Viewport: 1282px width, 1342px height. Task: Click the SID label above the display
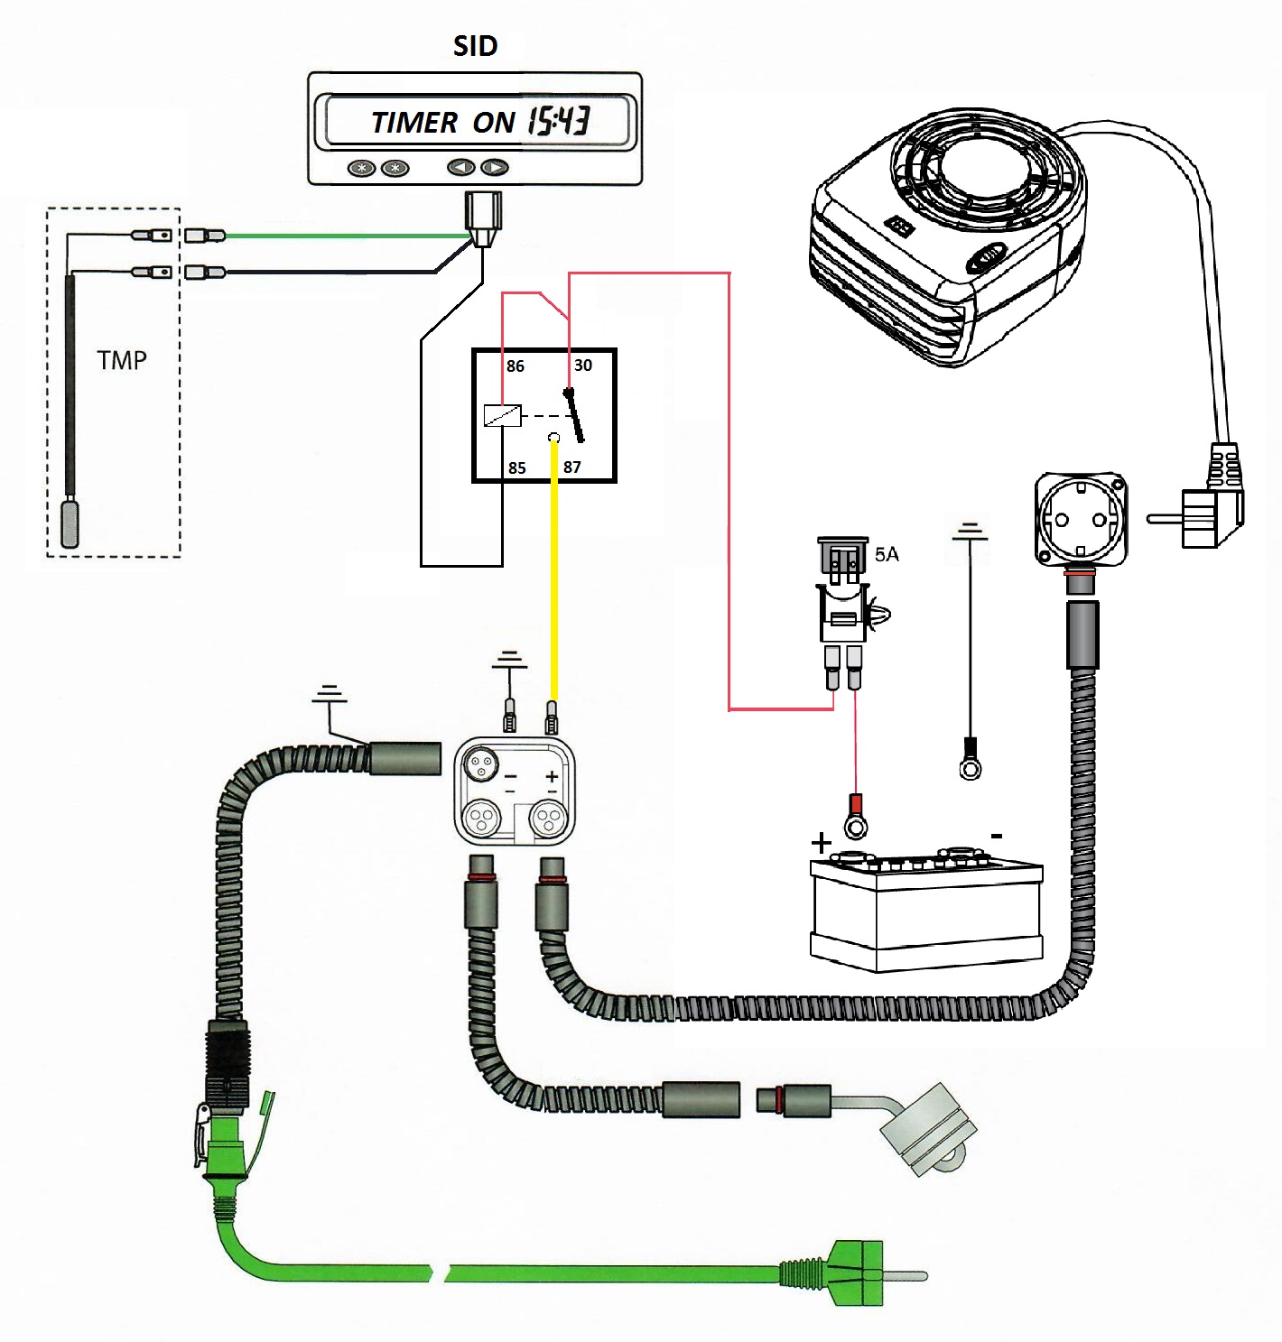(475, 46)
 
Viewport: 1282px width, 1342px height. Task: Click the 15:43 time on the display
(559, 120)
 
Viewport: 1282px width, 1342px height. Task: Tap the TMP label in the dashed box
(122, 361)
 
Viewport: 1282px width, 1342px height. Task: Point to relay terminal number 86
(515, 366)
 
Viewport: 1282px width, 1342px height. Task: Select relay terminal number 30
(583, 365)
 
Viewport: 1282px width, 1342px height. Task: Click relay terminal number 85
(516, 467)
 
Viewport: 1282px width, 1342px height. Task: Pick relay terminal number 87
(572, 467)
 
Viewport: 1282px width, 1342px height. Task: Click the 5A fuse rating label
(887, 554)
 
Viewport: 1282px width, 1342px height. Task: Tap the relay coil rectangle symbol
(502, 415)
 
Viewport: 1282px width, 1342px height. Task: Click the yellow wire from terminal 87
(553, 587)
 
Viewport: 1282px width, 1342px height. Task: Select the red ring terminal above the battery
(854, 818)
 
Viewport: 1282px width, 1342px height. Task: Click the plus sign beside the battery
(821, 844)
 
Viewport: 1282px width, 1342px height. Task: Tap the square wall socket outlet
(1081, 519)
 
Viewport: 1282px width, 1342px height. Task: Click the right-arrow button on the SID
(494, 167)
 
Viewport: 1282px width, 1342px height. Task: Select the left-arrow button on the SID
(461, 167)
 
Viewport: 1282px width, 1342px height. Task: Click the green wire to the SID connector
(343, 236)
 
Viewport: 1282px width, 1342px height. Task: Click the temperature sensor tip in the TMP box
(70, 523)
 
